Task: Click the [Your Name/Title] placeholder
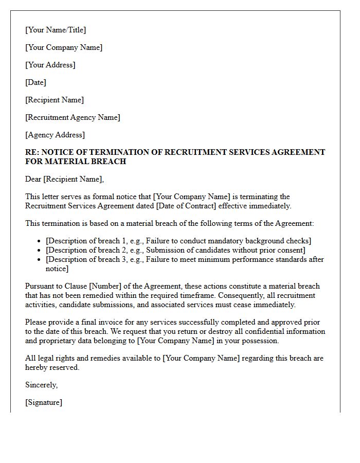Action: click(56, 30)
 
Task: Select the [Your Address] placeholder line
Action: click(50, 65)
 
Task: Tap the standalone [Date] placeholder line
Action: click(35, 82)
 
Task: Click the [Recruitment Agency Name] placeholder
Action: click(73, 117)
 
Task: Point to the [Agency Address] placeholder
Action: click(55, 135)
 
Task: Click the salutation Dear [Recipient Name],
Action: click(64, 179)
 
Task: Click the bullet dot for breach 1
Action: click(40, 241)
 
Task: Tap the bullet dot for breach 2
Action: click(40, 251)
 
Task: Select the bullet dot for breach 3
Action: click(40, 260)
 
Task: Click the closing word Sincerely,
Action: click(42, 385)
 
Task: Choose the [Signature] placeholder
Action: click(44, 402)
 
